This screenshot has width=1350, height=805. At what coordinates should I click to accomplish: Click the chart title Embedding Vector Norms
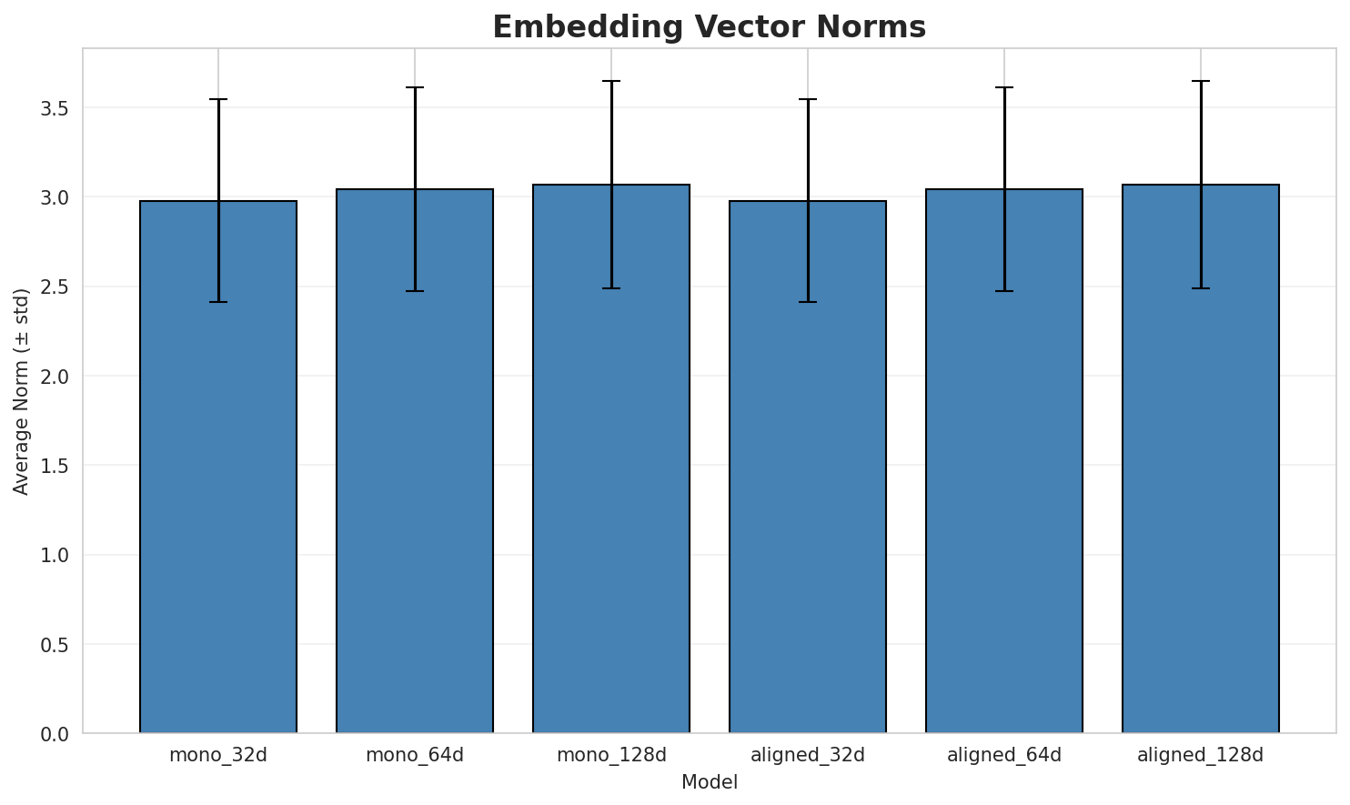(709, 27)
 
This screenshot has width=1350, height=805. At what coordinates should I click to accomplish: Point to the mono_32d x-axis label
(218, 755)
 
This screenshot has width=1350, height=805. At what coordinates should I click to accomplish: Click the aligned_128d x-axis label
(1201, 755)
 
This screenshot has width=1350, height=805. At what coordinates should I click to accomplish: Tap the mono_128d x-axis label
(611, 755)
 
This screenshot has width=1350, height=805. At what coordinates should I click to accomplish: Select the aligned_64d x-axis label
(1004, 755)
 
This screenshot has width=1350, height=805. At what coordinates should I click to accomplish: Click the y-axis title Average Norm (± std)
(22, 391)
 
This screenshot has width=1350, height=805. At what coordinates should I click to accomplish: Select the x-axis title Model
(709, 782)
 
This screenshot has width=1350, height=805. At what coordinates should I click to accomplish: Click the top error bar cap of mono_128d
(611, 81)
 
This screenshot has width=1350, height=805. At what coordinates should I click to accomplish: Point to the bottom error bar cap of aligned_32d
(808, 302)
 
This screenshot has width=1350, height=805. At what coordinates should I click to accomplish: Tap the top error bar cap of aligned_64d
(1004, 87)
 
